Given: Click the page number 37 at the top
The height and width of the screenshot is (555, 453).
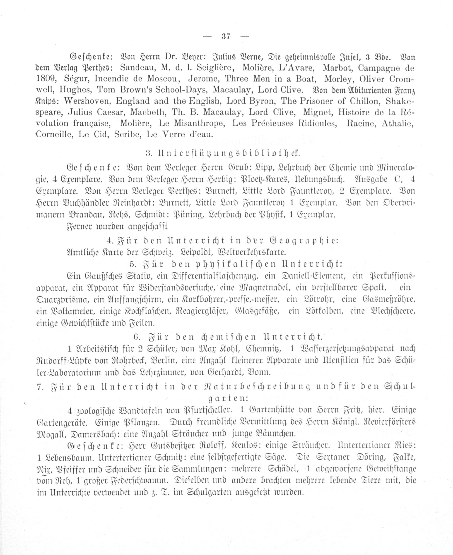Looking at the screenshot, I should [x=226, y=36].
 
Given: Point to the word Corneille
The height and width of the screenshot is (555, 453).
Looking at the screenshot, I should [x=54, y=135].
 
